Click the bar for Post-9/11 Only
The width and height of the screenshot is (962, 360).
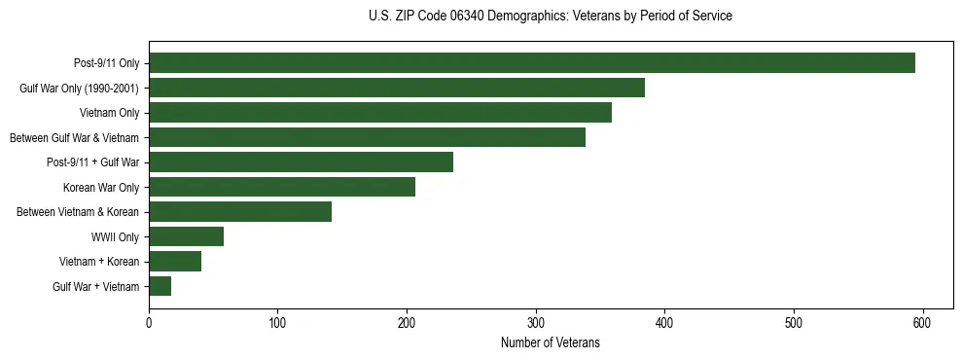[x=532, y=63]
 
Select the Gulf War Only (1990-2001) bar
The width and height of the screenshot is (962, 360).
[x=397, y=89]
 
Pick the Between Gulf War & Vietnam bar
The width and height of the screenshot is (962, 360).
[x=367, y=137]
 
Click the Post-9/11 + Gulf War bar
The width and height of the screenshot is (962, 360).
[x=301, y=162]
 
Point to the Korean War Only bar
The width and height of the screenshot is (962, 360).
[x=282, y=187]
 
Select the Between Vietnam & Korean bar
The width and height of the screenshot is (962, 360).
[x=240, y=212]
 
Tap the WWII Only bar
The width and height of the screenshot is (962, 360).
[x=186, y=236]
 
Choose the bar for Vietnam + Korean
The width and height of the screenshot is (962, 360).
[x=175, y=262]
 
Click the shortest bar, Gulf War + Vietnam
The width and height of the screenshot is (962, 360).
[x=160, y=286]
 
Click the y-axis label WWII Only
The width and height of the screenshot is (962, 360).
[x=115, y=236]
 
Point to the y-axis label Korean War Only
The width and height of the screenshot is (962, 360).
[x=101, y=187]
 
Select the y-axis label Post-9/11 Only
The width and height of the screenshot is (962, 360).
[x=106, y=63]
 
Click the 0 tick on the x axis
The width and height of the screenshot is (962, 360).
[x=149, y=322]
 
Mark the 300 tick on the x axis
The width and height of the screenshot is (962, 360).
[x=536, y=322]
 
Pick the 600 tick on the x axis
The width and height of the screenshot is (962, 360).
[x=922, y=322]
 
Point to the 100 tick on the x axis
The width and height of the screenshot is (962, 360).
[x=278, y=322]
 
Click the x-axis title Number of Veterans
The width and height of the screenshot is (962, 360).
[x=550, y=343]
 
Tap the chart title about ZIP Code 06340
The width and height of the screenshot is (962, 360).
[x=551, y=17]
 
